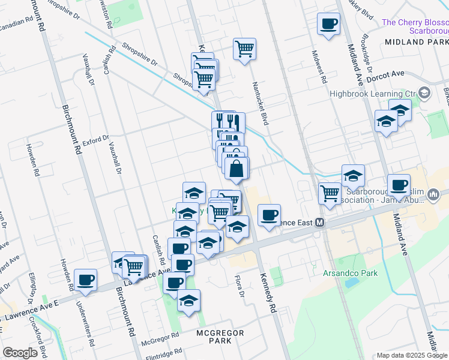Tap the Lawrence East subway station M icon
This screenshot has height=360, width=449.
[320, 223]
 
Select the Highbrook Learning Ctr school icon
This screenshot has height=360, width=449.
[425, 93]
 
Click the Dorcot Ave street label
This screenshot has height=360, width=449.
[386, 74]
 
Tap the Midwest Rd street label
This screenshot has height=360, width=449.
[318, 67]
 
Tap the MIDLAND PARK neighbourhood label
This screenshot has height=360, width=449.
[417, 42]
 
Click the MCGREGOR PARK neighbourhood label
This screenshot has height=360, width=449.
[214, 336]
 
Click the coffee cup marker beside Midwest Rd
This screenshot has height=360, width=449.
[328, 25]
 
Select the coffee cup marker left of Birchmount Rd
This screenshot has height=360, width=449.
[86, 279]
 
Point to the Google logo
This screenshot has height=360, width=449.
[20, 353]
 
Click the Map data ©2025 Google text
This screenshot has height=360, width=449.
[412, 355]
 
